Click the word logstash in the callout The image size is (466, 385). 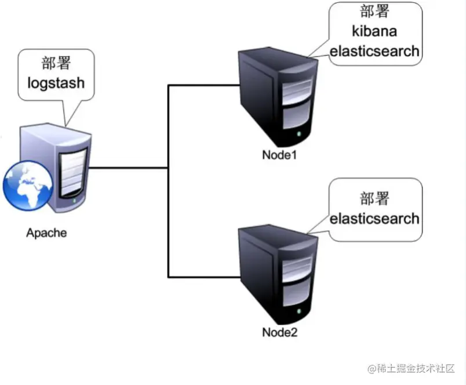pos(56,82)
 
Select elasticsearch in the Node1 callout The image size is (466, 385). pos(374,50)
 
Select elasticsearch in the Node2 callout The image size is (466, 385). pos(374,219)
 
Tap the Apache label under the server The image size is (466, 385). pos(46,233)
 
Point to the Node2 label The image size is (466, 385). pos(279,332)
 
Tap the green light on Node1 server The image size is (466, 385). pos(299,135)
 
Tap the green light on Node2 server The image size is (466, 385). pos(299,312)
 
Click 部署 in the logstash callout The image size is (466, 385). pos(56,62)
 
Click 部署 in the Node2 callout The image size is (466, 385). pos(374,199)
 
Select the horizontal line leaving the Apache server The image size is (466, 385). pos(128,169)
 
